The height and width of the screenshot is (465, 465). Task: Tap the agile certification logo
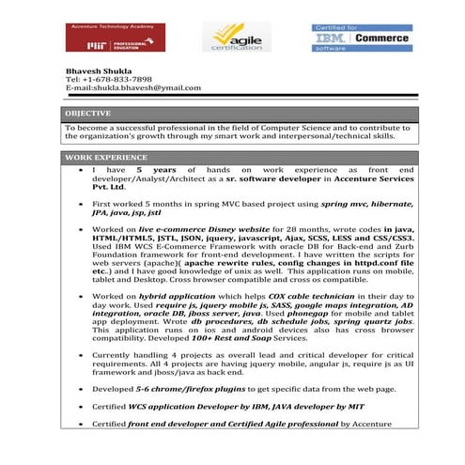(228, 38)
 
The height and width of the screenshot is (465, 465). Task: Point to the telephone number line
(109, 79)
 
